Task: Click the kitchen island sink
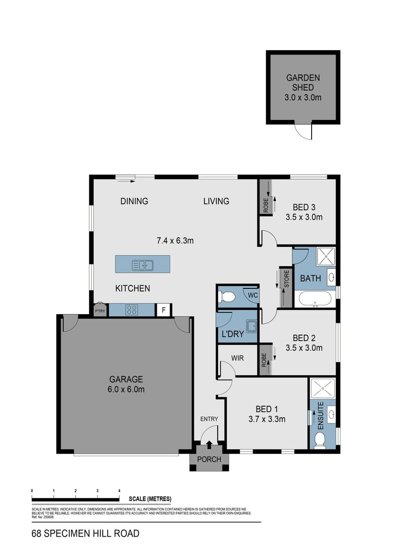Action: coord(142,265)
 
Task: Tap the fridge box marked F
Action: coord(163,310)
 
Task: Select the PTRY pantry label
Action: coord(100,311)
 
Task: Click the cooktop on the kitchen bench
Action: coord(132,310)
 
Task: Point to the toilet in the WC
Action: coord(226,297)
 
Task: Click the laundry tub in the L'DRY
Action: coord(252,326)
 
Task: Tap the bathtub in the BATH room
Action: coord(315,298)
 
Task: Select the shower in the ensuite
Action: coord(322,388)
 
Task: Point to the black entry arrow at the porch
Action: coord(209,445)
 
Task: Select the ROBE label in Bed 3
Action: coord(266,205)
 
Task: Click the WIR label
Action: coord(237,358)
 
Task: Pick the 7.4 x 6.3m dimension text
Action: coord(175,241)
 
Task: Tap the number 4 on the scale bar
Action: coord(119,490)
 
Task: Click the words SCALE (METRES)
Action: coord(150,499)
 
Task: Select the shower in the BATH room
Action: coord(326,257)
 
